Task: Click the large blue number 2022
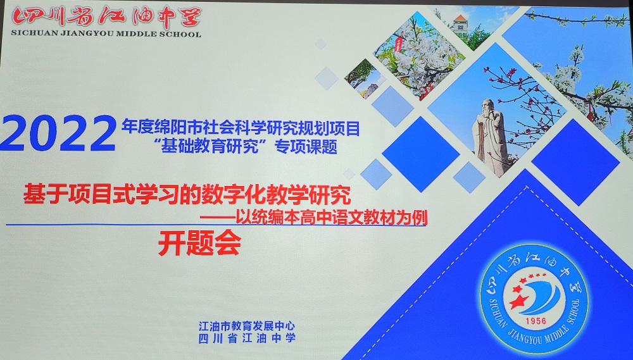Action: click(58, 133)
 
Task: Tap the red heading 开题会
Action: click(199, 242)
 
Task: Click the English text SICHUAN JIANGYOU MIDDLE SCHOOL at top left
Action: click(106, 34)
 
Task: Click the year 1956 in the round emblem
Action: click(536, 321)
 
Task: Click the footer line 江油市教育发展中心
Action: click(247, 326)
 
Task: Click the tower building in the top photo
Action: click(460, 25)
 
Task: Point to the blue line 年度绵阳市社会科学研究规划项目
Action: click(241, 128)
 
